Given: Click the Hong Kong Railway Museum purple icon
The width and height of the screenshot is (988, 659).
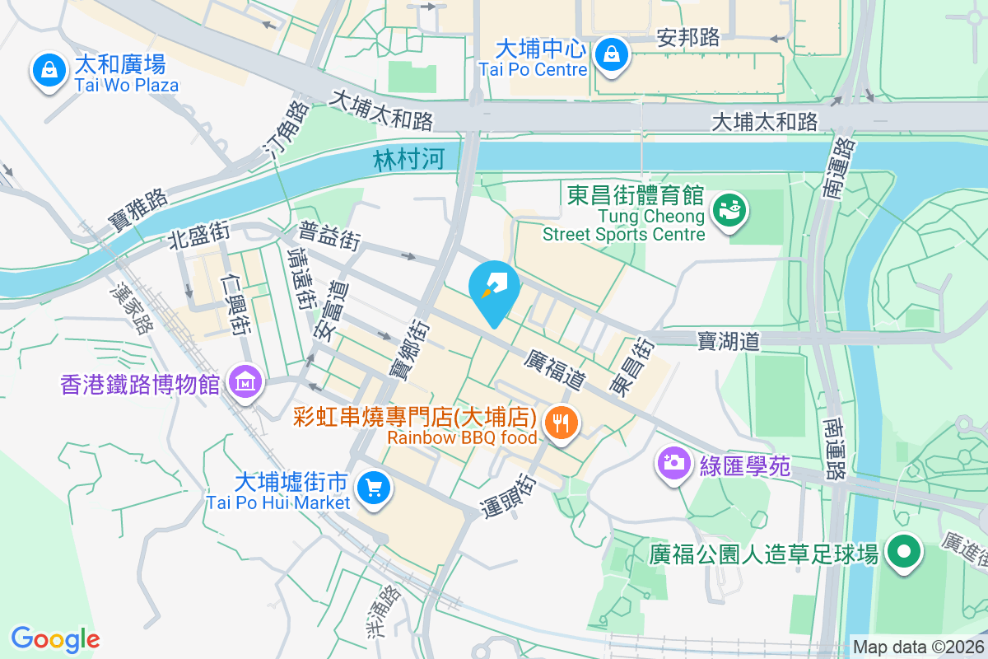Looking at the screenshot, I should (x=245, y=382).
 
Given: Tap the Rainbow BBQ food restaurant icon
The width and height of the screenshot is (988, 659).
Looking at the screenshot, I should (x=562, y=423).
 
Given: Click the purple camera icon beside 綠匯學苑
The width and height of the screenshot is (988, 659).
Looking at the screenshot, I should (x=673, y=462).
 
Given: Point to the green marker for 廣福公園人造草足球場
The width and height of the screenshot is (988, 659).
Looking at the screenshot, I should (x=904, y=551).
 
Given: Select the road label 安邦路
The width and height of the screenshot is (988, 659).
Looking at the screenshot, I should (x=689, y=37).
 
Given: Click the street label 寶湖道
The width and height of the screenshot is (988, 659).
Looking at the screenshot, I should (x=728, y=341).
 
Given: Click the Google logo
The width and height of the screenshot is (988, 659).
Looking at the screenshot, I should (x=55, y=638).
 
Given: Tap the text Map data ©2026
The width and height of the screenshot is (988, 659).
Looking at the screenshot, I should (x=918, y=647).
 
